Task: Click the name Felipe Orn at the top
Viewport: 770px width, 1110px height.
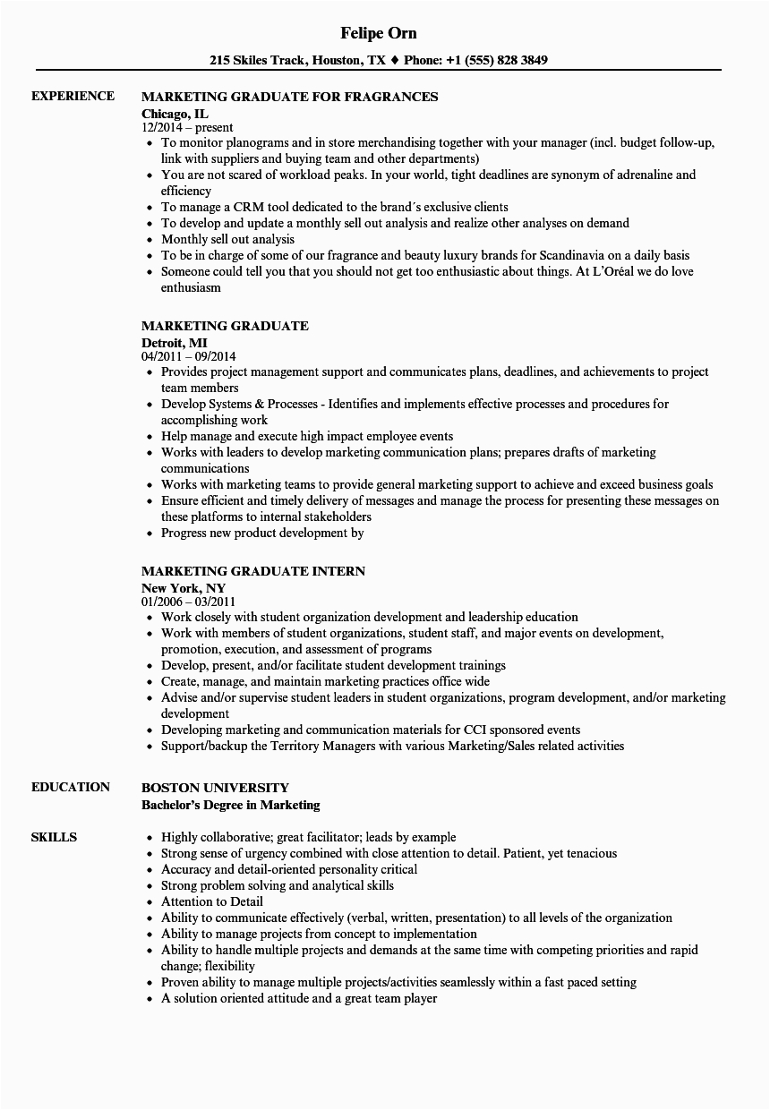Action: (379, 33)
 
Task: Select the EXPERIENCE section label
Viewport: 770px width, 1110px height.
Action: (73, 96)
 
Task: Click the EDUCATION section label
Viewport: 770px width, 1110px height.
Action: (71, 787)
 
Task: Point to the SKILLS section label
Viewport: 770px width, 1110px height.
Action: (54, 837)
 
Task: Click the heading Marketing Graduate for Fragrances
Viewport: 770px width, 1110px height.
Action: (289, 96)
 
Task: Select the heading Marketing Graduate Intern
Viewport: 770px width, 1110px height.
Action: (253, 570)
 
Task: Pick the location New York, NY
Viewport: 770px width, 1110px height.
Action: (184, 586)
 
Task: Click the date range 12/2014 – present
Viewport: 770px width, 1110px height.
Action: (188, 128)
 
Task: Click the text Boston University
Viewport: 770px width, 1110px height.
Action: (215, 788)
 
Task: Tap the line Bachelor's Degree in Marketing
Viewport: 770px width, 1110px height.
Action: (231, 804)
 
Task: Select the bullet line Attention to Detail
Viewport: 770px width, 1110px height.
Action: (211, 901)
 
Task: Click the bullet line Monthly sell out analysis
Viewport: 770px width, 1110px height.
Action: (227, 239)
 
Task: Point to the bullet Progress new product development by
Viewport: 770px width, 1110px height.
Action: (262, 533)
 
